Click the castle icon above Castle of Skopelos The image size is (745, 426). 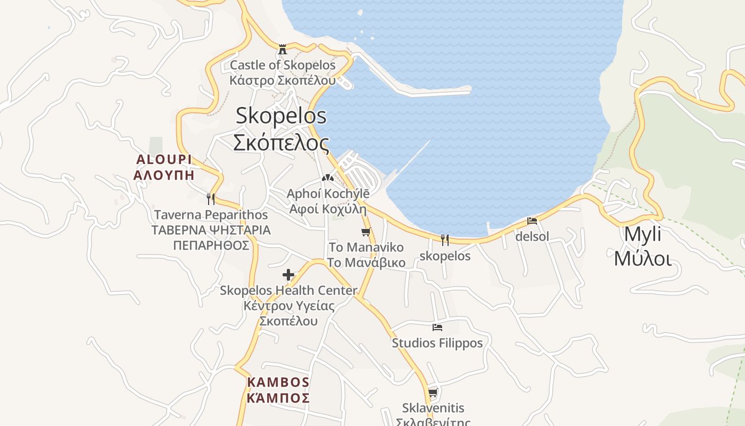coord(283,50)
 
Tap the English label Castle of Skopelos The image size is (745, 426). coord(283,65)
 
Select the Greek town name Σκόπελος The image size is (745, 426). coord(281,143)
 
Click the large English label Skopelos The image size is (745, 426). coord(281,116)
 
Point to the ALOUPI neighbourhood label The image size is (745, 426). coord(163,159)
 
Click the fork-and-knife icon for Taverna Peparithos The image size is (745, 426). coord(211,199)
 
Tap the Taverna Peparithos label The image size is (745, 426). coord(211,215)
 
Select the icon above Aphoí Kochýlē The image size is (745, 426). coord(328,178)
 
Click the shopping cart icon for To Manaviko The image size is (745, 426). coord(366,232)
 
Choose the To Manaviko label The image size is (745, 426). coord(366,248)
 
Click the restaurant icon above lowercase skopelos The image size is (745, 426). coord(445,240)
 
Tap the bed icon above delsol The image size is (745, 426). coord(532,220)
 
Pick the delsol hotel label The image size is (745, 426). coord(532,236)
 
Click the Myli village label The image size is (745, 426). coord(642,234)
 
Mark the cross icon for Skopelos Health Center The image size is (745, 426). coord(288,275)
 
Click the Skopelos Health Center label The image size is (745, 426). coord(288,291)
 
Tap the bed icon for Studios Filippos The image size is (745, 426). coord(437,327)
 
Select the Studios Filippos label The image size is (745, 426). coord(437,343)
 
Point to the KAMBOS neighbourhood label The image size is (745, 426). coord(278,382)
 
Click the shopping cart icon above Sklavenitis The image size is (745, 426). coord(433,393)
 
